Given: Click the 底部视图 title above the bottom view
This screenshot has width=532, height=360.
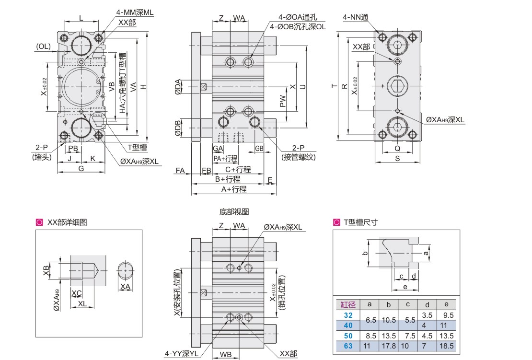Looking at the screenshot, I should point(234,211).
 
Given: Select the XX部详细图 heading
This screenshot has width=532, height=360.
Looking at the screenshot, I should point(67,222).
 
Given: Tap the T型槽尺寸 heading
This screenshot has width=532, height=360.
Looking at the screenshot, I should point(361,222).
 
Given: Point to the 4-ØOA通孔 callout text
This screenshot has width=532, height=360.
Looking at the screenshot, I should point(292,18).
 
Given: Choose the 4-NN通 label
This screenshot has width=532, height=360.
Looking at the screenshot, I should point(355,18).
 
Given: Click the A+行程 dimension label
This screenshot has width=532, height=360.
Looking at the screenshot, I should point(233,189).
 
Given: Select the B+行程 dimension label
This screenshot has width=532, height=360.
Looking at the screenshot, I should point(227,179).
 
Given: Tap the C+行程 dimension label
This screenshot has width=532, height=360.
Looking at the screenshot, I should point(238,170).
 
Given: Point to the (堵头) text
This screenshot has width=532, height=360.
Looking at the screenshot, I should point(42,157).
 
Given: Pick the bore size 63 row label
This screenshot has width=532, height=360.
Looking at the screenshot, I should point(348,345).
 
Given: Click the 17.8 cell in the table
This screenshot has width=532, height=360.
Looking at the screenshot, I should point(389,345).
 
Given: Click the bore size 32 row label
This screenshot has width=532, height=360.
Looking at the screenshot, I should point(348,315).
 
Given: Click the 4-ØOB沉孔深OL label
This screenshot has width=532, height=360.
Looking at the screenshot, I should point(298,27).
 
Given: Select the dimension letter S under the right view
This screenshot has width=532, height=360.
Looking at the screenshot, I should point(397,159).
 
